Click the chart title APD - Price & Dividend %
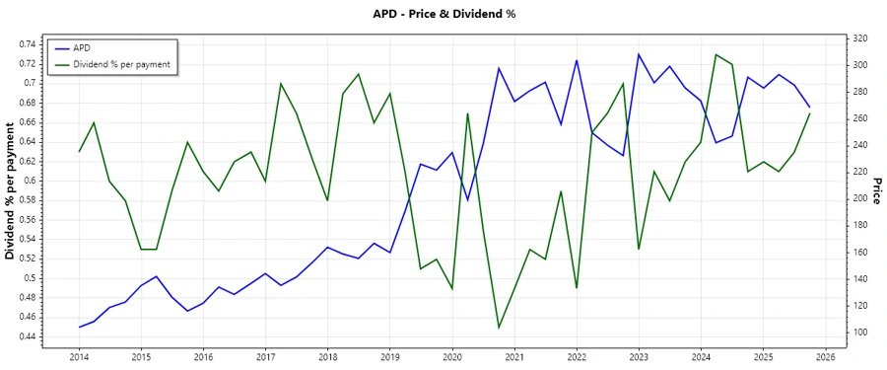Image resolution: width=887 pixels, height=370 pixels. pos(443,14)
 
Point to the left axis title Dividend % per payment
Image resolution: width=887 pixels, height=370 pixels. pos(11,191)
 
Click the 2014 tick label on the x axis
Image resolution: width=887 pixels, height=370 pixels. pos(79,357)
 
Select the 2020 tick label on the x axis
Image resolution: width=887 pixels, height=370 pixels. pos(452,357)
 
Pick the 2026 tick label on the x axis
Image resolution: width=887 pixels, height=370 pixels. pos(826,357)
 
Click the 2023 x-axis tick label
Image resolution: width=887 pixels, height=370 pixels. pos(639,357)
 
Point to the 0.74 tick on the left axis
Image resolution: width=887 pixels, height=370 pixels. pos(29,44)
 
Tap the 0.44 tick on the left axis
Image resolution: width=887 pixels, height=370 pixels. pos(29,336)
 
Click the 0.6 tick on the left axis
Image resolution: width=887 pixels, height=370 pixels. pos(33,181)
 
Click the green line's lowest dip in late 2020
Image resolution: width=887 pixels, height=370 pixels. pos(499,328)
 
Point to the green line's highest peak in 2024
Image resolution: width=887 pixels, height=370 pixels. pos(716,54)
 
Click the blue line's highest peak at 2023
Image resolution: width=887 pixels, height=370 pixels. pos(639,54)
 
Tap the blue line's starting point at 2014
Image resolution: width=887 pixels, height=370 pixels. pos(79,327)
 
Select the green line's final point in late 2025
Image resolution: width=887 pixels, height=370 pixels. pos(810,112)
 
